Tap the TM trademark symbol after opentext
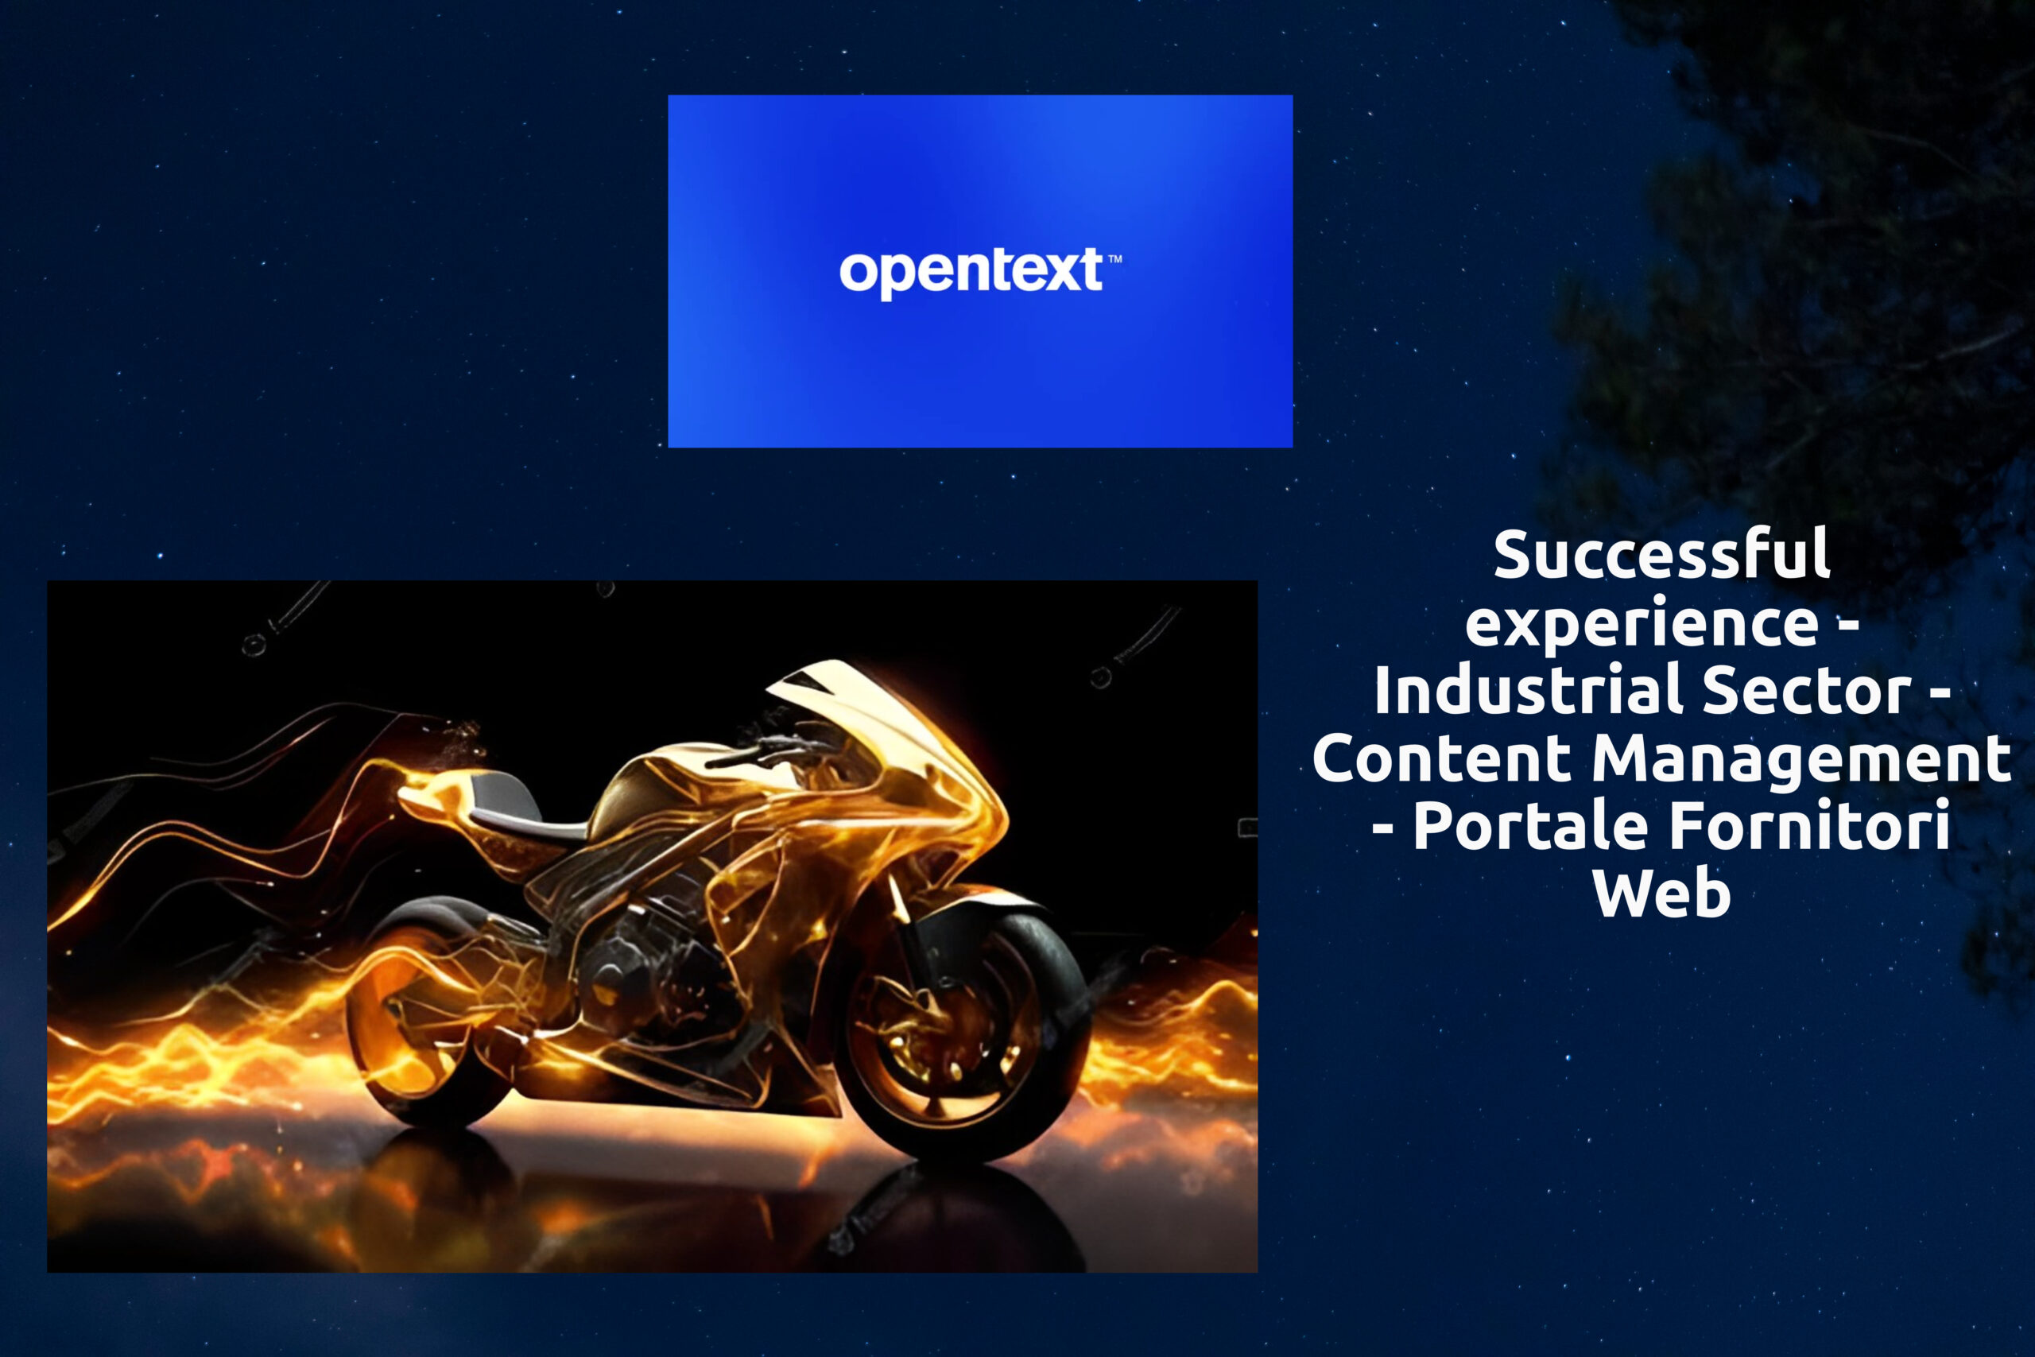click(x=1115, y=259)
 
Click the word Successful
click(x=1661, y=554)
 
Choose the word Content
click(x=1441, y=758)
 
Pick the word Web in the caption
click(x=1661, y=892)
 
